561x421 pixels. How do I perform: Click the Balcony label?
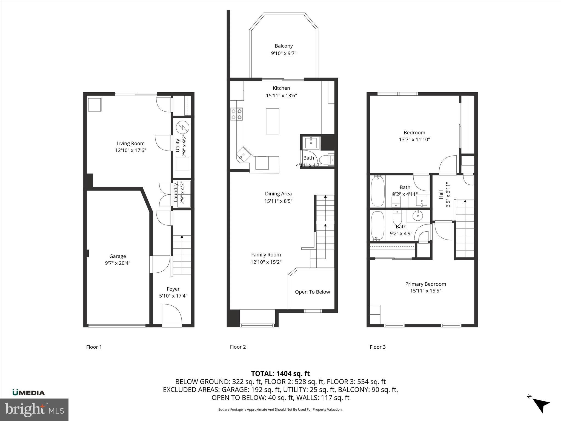pos(284,46)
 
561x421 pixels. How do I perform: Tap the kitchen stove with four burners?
pos(237,114)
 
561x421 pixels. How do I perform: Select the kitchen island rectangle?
pos(273,121)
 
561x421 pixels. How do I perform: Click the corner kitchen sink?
pos(243,155)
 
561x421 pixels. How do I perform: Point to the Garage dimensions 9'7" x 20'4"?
pos(118,263)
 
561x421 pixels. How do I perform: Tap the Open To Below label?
pos(312,292)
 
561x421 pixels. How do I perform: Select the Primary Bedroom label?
pos(425,284)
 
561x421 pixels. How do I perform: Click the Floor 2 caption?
pos(238,347)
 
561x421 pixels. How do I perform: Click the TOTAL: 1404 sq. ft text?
pos(280,374)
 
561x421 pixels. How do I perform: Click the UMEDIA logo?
pos(28,392)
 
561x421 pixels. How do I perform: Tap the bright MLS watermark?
pos(34,409)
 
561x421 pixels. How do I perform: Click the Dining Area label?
pos(278,194)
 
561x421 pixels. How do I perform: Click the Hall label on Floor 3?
pos(441,195)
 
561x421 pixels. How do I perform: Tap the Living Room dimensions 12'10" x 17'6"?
pos(131,150)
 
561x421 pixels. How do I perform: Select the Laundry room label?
pos(176,193)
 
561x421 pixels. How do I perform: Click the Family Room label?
pos(266,255)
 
